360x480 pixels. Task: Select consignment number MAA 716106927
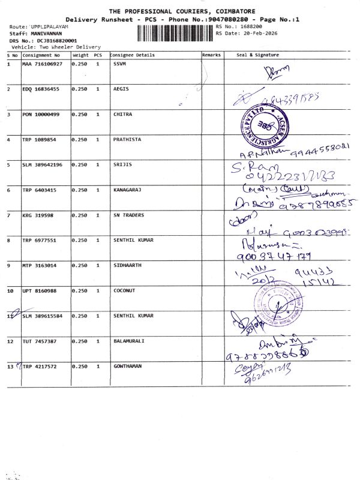42,64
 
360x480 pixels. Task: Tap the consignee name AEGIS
121,89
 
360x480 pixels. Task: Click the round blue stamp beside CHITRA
263,127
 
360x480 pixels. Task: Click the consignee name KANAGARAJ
127,190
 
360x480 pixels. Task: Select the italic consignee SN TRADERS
128,215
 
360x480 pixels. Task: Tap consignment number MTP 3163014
40,265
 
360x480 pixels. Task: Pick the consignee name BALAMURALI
129,341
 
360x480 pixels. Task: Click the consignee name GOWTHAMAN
128,366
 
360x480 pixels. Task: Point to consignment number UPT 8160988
40,290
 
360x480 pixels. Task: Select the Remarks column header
212,55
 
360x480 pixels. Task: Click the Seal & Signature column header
257,55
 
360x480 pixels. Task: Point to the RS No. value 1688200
252,27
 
